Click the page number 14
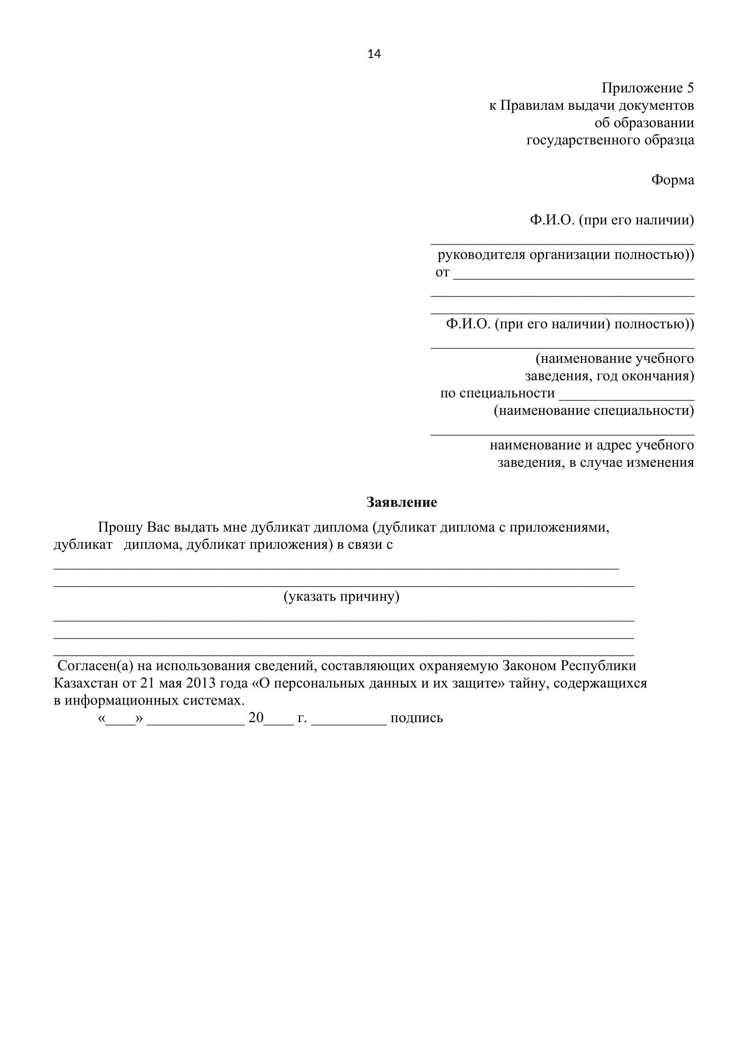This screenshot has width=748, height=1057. click(x=374, y=54)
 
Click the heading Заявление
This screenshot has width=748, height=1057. click(x=402, y=502)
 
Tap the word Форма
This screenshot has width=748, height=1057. click(x=672, y=180)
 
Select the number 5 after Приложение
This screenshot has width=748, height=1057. click(x=690, y=88)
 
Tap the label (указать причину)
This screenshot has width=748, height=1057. click(x=341, y=597)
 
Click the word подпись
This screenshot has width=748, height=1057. click(x=417, y=718)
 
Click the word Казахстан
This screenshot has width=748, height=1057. click(x=85, y=683)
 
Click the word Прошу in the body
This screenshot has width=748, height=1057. click(x=121, y=527)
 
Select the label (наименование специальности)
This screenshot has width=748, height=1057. click(x=594, y=410)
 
